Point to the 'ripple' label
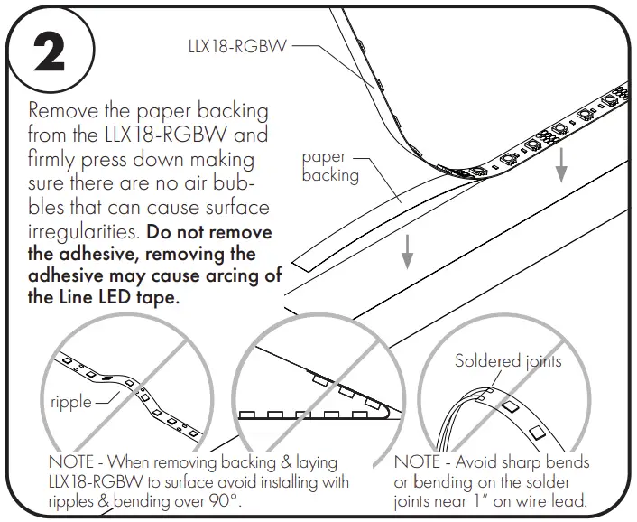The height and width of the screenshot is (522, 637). pos(71,401)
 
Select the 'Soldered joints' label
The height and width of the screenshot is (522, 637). pos(508,361)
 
